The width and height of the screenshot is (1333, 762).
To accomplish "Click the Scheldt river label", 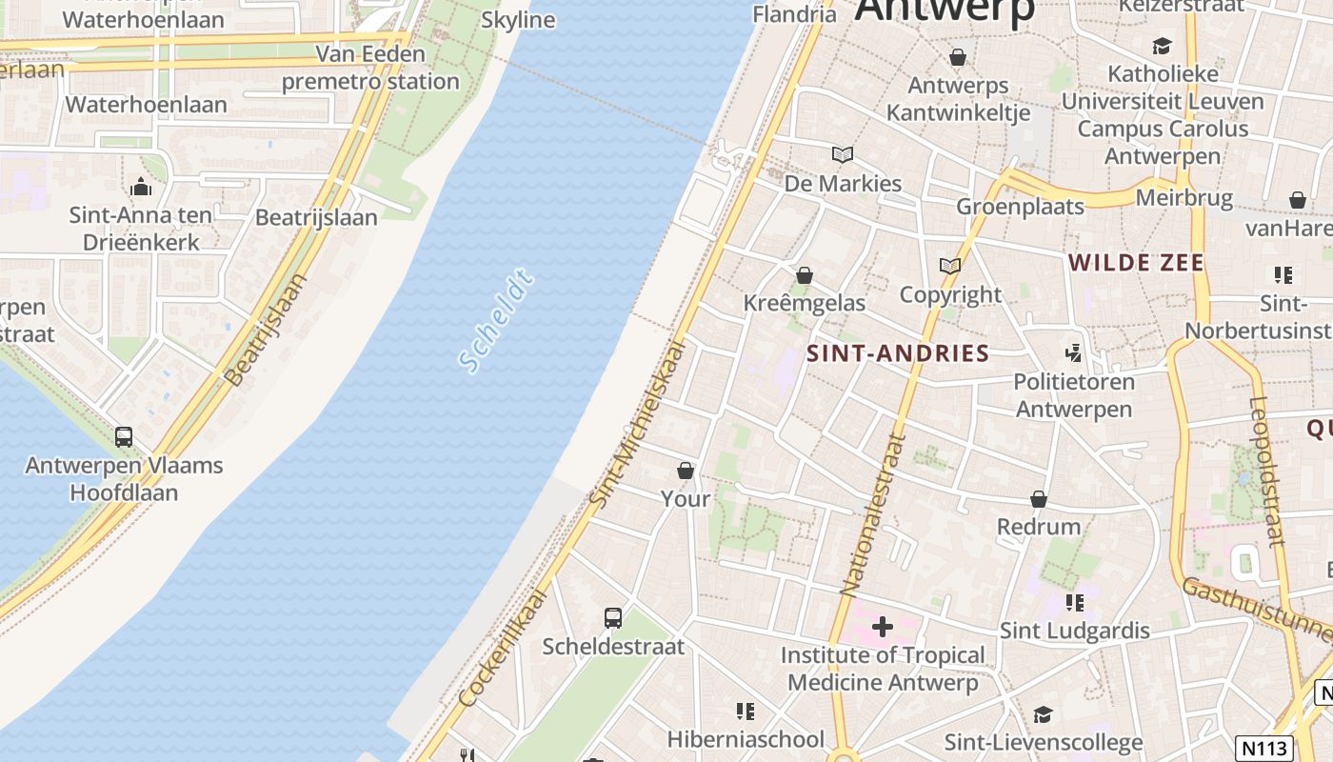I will click(495, 322).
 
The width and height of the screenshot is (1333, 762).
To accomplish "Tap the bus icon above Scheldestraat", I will click(613, 618).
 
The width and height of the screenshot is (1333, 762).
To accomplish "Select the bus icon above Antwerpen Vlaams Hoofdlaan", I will click(124, 437).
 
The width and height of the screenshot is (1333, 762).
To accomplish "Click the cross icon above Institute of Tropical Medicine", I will click(883, 627).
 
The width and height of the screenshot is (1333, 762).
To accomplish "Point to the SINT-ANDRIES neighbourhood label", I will click(898, 353).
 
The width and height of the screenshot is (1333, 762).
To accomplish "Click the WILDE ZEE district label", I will click(1136, 263).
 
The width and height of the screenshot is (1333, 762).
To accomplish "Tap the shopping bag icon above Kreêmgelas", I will click(805, 275).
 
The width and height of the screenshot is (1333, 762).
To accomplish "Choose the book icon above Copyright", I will click(949, 266).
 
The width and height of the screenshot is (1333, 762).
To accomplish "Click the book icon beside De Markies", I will click(842, 154).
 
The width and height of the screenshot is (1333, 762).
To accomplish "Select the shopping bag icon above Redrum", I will click(1039, 499).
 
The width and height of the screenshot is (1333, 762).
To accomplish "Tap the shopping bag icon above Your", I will click(685, 471).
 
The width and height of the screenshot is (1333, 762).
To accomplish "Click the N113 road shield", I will click(1263, 748).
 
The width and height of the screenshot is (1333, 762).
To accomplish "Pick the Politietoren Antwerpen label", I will click(1074, 395).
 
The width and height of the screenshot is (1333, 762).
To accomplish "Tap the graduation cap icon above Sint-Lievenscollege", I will click(1043, 714).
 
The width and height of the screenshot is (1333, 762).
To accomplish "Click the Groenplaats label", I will click(1020, 207).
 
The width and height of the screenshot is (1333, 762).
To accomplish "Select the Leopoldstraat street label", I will click(1265, 471).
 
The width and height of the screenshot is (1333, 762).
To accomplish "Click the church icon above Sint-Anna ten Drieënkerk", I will click(141, 186).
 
